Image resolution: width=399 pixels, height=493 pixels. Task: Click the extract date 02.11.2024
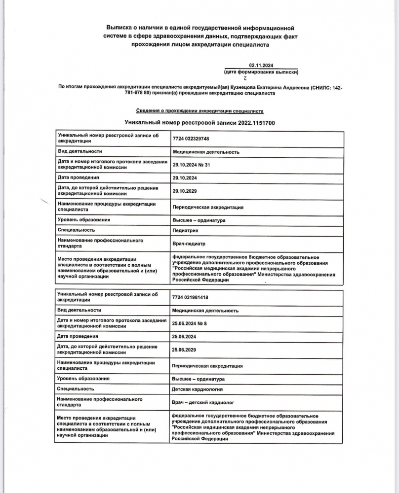click(x=261, y=66)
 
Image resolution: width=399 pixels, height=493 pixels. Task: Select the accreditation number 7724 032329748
click(x=191, y=139)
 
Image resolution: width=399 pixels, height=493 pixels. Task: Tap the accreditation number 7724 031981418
click(x=190, y=297)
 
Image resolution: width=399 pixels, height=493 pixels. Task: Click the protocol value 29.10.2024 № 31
click(x=192, y=165)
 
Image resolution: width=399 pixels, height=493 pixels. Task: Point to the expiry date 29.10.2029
click(x=185, y=190)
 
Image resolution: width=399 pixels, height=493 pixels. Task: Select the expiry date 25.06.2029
click(x=184, y=349)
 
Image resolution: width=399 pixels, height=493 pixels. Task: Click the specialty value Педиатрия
click(x=186, y=230)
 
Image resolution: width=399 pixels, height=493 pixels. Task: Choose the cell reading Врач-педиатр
click(x=189, y=244)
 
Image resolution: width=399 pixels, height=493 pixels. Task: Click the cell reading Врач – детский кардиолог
click(x=203, y=403)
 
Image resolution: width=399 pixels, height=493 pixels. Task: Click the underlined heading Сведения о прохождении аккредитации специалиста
click(x=199, y=111)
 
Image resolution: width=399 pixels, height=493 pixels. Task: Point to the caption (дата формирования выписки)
click(x=261, y=72)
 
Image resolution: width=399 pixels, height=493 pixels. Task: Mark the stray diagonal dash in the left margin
click(x=45, y=201)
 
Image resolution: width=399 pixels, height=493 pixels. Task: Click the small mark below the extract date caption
click(x=244, y=78)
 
